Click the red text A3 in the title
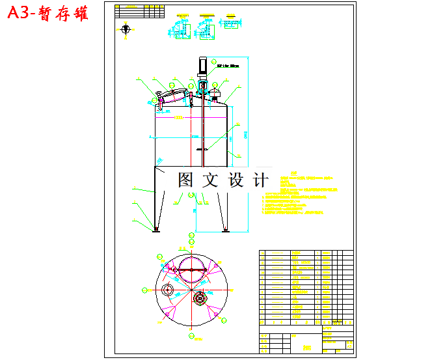[x=21, y=14]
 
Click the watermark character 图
[x=185, y=180]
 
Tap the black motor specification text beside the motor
[x=228, y=66]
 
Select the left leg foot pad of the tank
[x=155, y=228]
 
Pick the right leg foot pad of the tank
[x=225, y=228]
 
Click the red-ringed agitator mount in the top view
[x=199, y=298]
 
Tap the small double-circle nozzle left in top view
[x=167, y=290]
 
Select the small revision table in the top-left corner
[x=138, y=10]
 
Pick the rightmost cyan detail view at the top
[x=230, y=23]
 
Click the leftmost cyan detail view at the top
[x=175, y=29]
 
